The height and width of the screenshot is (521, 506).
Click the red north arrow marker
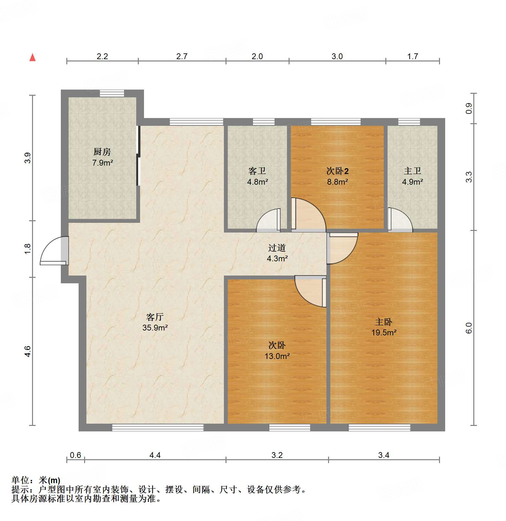coord(32,57)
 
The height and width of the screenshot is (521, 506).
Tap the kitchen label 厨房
coord(102,151)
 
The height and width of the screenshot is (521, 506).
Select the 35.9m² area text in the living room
coord(155,328)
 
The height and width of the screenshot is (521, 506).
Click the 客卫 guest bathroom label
coord(257,170)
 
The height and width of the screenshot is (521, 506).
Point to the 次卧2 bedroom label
coord(337,171)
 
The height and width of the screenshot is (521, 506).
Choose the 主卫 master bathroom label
coord(412,170)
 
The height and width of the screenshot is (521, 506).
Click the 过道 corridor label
coord(277,248)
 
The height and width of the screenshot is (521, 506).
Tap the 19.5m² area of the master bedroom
coord(384,332)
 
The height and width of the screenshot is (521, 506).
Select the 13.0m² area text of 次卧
coord(277,356)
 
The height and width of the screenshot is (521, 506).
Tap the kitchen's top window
coord(112,93)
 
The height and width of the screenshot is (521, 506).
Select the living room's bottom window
coord(158,428)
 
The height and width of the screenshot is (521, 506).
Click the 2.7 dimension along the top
coord(182,56)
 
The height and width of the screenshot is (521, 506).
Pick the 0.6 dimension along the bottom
coord(75,455)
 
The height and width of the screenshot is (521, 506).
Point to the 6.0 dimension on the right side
coord(469,328)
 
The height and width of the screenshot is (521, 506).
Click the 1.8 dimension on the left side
coord(28,248)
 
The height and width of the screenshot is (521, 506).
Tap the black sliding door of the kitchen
coord(138,156)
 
